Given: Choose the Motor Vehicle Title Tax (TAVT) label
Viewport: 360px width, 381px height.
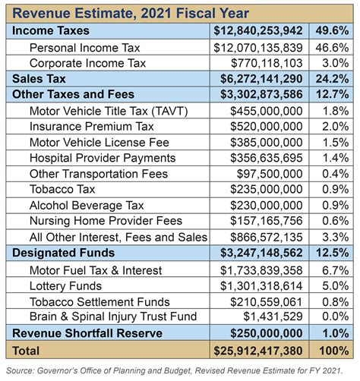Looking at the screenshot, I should (x=109, y=110).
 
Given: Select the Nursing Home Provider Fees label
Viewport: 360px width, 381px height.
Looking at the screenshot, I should (x=106, y=222).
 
